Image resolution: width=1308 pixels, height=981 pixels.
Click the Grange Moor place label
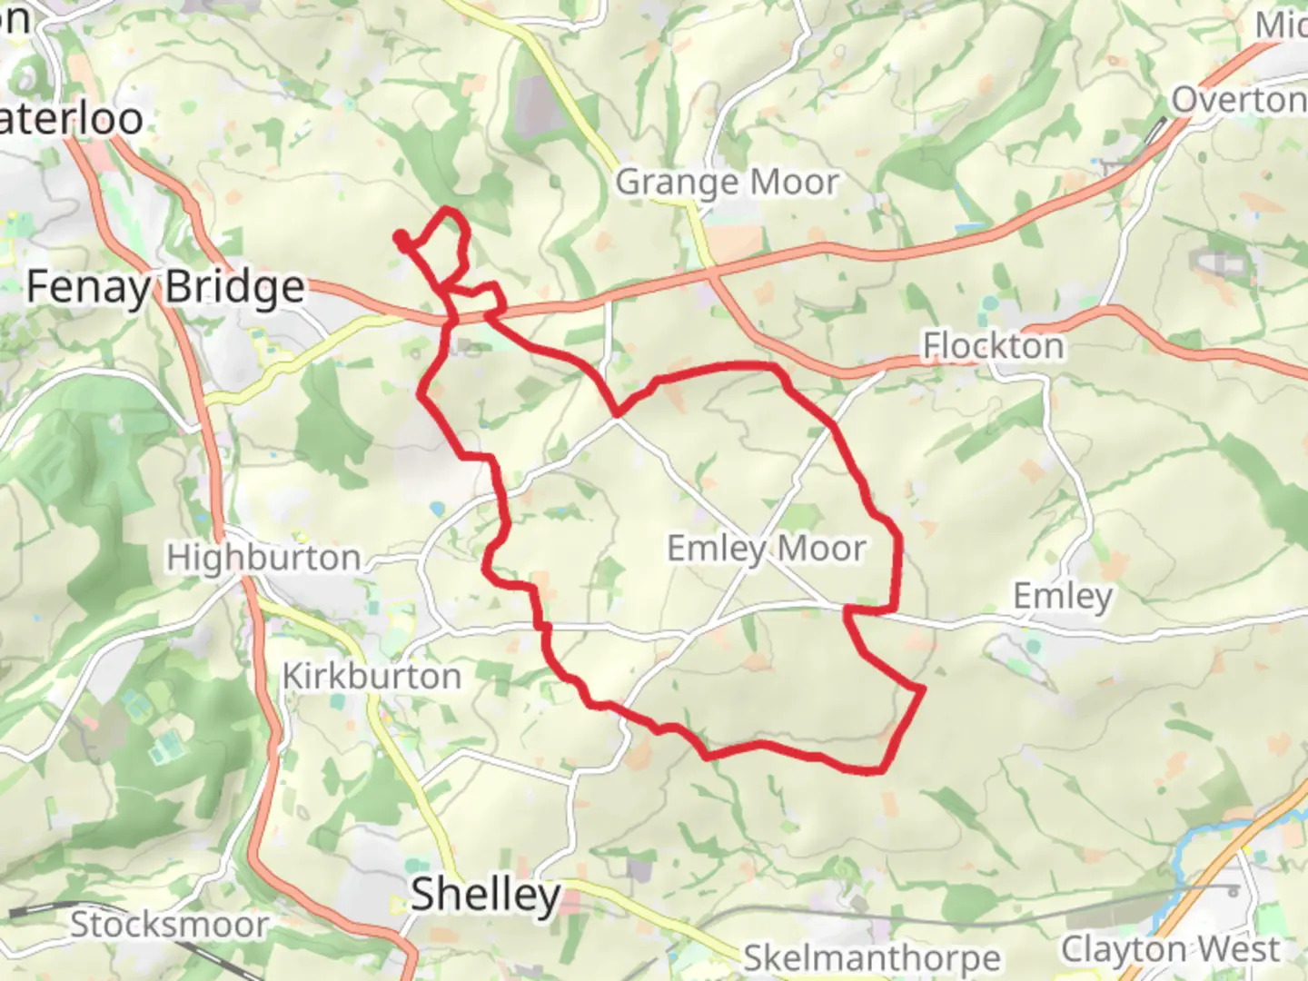pos(727,183)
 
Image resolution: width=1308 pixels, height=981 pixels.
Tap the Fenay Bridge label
pos(165,287)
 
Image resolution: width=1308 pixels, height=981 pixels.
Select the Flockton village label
pos(993,346)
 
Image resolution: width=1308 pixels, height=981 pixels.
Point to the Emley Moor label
pos(767,549)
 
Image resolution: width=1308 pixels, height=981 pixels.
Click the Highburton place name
pos(263,558)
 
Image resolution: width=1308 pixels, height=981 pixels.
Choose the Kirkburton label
pos(372,677)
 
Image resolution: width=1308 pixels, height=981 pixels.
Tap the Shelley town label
pos(485,895)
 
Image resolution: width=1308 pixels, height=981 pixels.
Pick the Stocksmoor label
pos(169,926)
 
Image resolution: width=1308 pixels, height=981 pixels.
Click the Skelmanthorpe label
pos(872,958)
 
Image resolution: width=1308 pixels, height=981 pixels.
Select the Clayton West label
pos(1170,950)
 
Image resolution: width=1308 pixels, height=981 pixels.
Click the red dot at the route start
pos(400,238)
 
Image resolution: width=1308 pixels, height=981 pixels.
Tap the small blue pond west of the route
pos(438,508)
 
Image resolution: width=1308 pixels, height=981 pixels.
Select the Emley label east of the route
pos(1062,597)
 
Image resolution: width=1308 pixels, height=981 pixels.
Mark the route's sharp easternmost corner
pos(924,689)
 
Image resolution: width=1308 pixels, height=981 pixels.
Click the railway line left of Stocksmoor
pos(36,909)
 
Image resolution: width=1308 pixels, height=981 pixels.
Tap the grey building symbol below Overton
pos(1217,263)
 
